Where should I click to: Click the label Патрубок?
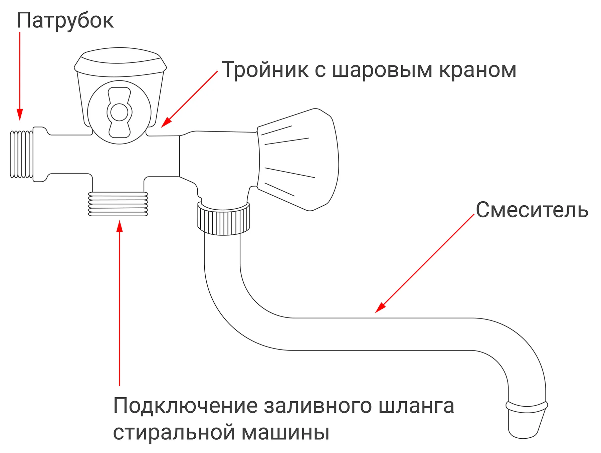[x=65, y=21]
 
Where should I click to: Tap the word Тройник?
[x=265, y=70]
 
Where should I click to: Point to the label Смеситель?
[x=532, y=210]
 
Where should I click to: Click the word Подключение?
[x=185, y=406]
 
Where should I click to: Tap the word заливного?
[x=318, y=406]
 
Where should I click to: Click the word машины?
[x=285, y=433]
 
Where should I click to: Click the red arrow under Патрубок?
[x=20, y=77]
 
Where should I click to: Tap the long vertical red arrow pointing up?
[x=120, y=300]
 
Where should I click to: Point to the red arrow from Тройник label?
[x=190, y=99]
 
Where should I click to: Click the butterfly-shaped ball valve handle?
[x=119, y=112]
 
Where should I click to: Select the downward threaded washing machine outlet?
[x=118, y=204]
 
